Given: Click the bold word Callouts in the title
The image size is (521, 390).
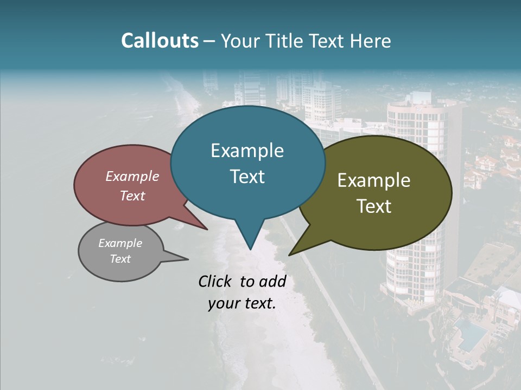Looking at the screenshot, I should click(160, 41).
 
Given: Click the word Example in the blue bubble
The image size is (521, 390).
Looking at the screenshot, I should click(247, 151).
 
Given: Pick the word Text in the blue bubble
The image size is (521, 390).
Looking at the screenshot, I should click(247, 177).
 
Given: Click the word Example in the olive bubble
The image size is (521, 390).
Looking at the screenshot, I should click(374, 180).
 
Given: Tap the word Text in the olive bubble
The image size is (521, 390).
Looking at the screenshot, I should click(374, 206).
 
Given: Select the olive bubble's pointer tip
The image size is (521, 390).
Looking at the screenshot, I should click(290, 255).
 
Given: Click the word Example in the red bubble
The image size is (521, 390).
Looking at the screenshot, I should click(132, 176).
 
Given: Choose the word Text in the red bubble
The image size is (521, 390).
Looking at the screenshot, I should click(132, 196).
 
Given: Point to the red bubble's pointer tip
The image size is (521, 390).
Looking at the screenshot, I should click(207, 229).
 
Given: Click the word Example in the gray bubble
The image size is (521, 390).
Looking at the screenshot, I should click(120, 243).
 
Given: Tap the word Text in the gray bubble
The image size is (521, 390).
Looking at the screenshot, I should click(120, 259).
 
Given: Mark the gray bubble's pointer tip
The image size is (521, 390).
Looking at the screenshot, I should click(188, 259).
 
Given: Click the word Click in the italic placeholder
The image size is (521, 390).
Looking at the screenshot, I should click(217, 281).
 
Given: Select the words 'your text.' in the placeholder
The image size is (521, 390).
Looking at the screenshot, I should click(242, 304).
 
